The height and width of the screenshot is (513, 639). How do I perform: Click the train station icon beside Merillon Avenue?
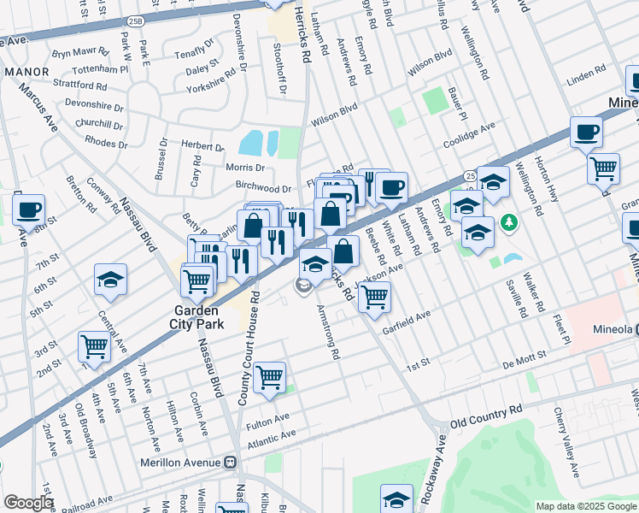click(x=230, y=462)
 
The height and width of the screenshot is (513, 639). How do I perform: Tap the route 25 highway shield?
click(x=470, y=175)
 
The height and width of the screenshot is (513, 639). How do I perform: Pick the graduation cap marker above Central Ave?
click(x=110, y=280)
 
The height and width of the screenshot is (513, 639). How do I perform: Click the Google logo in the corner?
click(x=28, y=503)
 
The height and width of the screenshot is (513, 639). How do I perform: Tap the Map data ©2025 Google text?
click(x=586, y=506)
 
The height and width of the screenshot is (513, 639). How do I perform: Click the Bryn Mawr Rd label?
click(x=80, y=52)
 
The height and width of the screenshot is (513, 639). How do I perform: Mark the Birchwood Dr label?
click(x=266, y=188)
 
